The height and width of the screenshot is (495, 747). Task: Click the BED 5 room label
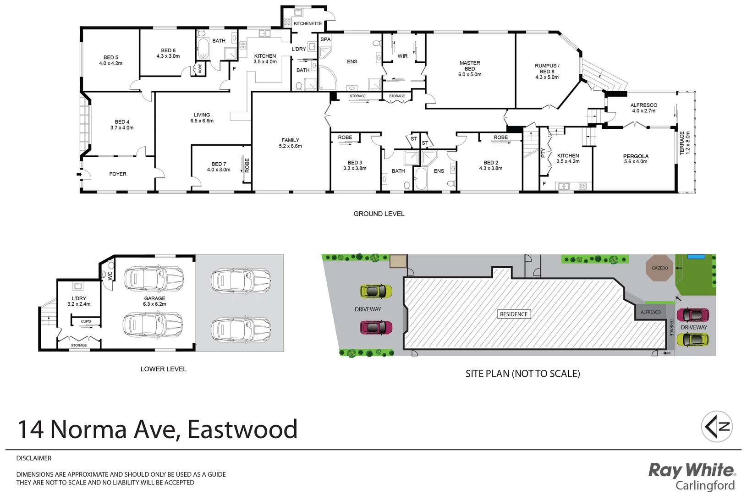110,60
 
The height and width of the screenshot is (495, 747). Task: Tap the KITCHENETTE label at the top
308,23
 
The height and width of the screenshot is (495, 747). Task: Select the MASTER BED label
470,68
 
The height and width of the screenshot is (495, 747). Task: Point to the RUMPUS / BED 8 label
547,71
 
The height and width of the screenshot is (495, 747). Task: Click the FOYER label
118,174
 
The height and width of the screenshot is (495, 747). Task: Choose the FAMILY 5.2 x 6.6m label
290,143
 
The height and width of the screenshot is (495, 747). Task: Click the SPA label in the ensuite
325,39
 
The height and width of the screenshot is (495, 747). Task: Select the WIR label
402,56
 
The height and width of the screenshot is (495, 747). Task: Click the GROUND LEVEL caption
379,214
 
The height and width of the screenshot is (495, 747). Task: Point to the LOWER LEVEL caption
163,369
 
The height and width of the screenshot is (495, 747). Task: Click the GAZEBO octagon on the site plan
659,268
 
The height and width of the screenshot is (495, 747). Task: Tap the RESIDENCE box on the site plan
514,314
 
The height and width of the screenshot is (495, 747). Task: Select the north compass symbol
717,426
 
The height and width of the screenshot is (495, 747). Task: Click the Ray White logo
692,477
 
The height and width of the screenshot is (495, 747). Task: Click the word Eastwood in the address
242,429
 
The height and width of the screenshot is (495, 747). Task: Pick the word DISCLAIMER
34,458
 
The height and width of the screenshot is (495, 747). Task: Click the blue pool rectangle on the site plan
696,257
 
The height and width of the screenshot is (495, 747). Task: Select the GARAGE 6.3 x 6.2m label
154,301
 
